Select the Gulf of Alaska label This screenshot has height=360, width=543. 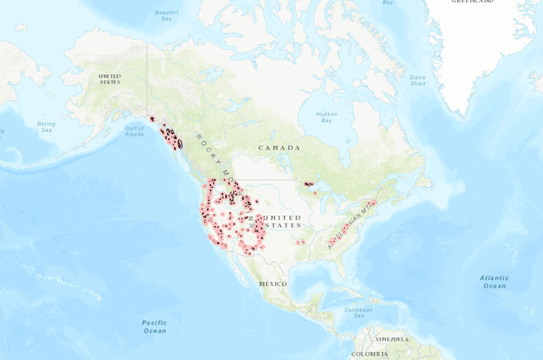coord(134,130)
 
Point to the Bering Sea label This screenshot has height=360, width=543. coord(46,127)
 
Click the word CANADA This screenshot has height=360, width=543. coord(279,147)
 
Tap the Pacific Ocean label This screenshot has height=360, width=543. coord(153,325)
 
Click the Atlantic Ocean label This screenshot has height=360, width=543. coord(494,282)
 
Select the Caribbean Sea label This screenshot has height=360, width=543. coord(358,311)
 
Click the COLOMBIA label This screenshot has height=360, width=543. coord(367,354)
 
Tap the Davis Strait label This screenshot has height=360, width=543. coord(418,81)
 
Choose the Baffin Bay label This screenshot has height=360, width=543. coord(388,3)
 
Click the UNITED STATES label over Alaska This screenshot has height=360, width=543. coord(109,79)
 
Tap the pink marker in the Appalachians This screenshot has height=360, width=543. coord(374,202)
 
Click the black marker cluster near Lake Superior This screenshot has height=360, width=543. coord(308,184)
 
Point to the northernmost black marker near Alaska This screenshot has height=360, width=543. coord(153,119)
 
